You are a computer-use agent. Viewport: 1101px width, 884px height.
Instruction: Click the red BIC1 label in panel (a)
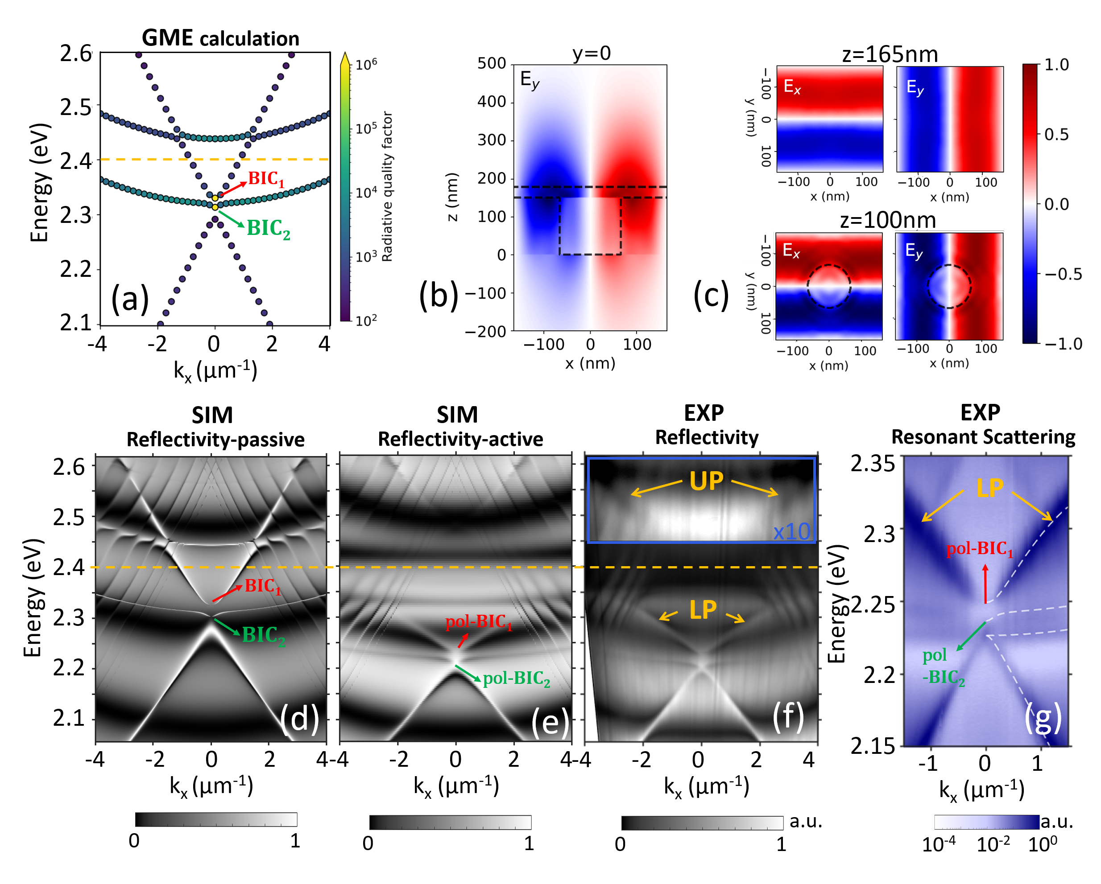click(265, 179)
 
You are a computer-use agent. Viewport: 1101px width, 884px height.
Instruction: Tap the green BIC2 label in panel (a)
click(268, 228)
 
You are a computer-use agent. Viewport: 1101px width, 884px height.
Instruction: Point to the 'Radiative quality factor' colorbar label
click(387, 186)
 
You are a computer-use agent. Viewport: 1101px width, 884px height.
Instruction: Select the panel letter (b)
click(438, 296)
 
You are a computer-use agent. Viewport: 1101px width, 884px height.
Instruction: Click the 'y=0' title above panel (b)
click(592, 53)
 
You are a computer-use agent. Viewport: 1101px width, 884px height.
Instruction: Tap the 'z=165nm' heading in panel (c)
click(890, 54)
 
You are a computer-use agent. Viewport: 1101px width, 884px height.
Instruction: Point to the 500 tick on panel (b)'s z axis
click(491, 63)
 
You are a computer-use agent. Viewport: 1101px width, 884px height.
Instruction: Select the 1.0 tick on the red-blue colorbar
click(1056, 65)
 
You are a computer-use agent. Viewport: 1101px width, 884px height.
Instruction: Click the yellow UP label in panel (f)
click(706, 481)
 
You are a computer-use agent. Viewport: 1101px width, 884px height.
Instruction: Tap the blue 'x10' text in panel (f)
click(791, 532)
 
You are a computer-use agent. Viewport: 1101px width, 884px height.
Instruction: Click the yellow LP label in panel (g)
click(989, 489)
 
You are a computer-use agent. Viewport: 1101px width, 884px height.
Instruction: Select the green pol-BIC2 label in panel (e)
click(516, 678)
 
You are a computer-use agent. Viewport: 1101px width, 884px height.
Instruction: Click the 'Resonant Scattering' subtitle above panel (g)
click(983, 437)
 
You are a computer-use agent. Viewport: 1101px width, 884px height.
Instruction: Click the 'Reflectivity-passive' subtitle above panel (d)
click(215, 440)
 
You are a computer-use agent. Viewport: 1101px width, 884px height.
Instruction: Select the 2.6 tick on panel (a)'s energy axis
click(75, 53)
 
